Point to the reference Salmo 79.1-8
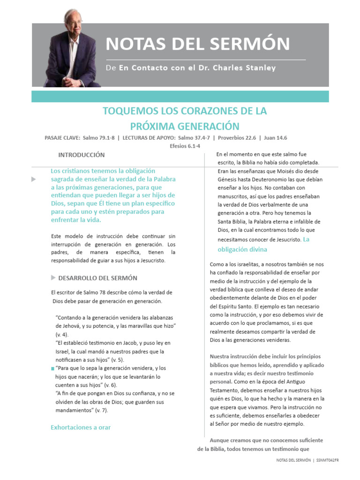click(98, 138)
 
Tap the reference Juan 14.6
click(275, 138)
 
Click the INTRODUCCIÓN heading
click(81, 155)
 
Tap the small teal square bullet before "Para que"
click(52, 369)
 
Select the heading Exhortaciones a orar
click(81, 427)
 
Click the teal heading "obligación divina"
click(242, 249)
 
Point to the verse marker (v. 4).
click(62, 334)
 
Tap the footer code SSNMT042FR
click(328, 461)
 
